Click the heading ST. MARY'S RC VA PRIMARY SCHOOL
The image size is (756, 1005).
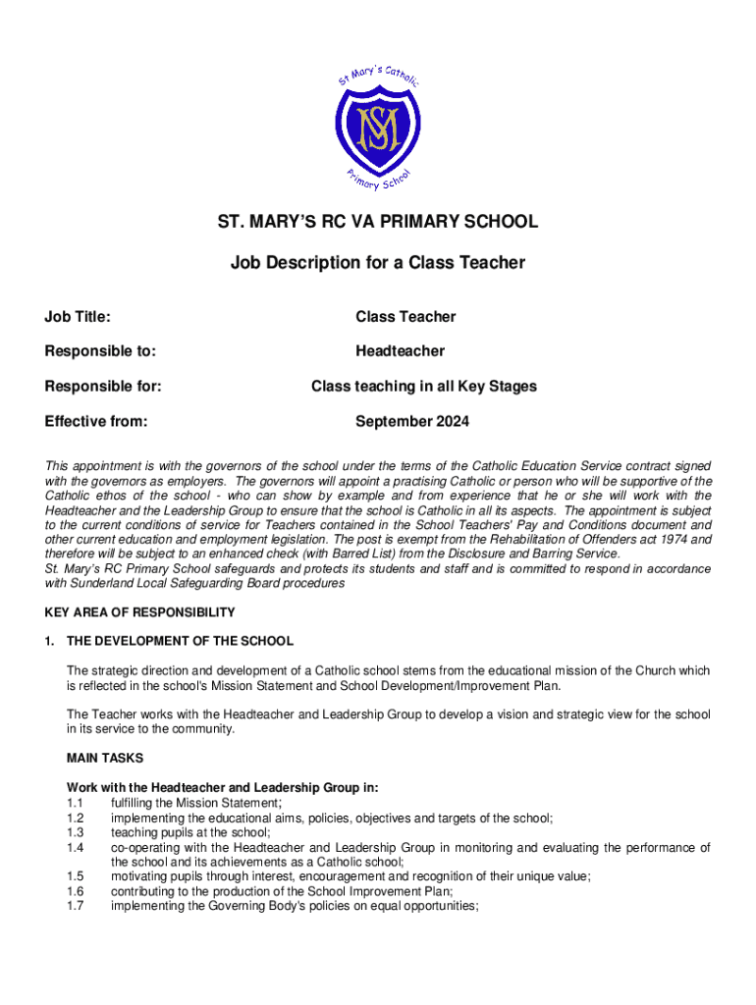(x=378, y=222)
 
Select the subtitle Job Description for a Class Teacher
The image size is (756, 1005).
(x=378, y=263)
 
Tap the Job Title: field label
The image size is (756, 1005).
(x=78, y=316)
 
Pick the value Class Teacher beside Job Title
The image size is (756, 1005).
(x=405, y=316)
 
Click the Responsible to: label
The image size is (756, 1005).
(x=100, y=351)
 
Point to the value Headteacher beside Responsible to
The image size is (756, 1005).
(x=400, y=351)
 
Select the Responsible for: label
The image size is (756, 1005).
(x=103, y=387)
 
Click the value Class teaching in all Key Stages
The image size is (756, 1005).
(x=424, y=387)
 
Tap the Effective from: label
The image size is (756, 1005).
(x=96, y=422)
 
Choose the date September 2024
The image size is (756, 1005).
(x=412, y=422)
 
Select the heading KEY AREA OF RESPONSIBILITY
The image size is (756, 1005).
(x=139, y=612)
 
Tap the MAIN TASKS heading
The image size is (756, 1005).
(x=105, y=759)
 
